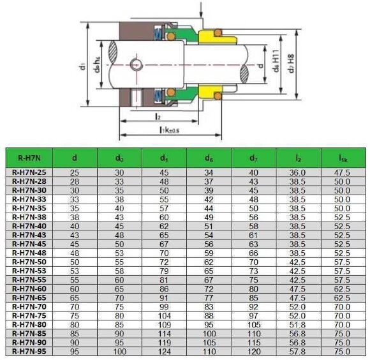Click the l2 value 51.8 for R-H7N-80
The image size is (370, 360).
point(298,324)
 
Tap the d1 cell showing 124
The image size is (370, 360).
point(164,350)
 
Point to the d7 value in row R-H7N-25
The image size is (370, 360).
point(253,172)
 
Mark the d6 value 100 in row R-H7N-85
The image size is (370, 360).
point(209,333)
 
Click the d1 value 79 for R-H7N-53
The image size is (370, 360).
point(164,271)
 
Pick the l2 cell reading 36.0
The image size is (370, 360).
point(298,172)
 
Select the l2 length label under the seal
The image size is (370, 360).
point(157,117)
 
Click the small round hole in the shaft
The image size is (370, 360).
point(135,64)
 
